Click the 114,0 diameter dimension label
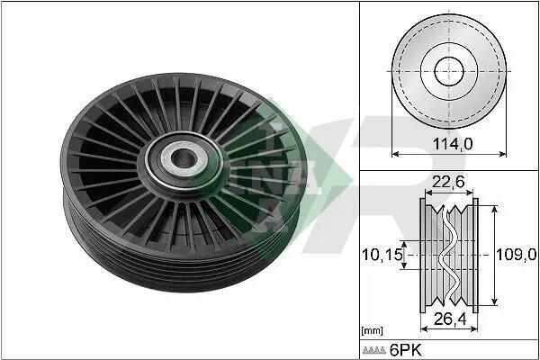(452, 144)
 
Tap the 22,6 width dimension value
(448, 182)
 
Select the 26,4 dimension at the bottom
(450, 319)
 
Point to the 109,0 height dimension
(516, 255)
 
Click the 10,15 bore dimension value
(382, 255)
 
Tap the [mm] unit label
(372, 331)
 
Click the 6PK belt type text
(405, 350)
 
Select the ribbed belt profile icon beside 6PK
(374, 350)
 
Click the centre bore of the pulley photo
(184, 159)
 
